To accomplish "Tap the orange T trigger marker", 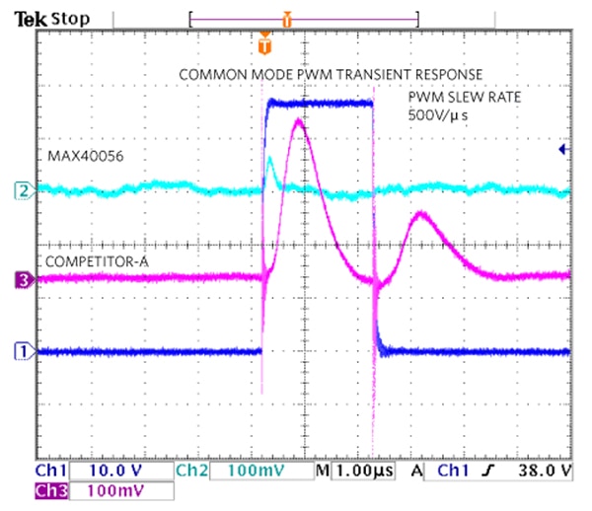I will (263, 44).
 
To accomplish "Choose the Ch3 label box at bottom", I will (52, 490).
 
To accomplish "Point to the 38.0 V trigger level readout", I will (545, 472).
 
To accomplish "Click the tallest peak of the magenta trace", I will (301, 122).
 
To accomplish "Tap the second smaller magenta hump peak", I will (421, 213).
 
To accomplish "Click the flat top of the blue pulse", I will (321, 103).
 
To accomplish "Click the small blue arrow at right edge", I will (562, 149).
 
